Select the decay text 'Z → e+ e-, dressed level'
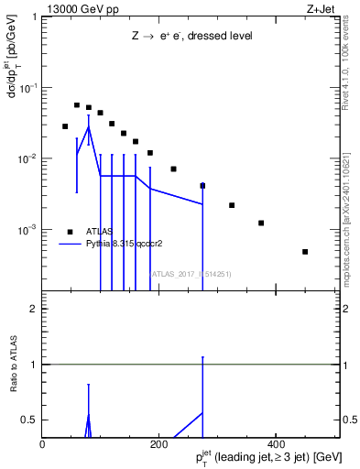click(x=191, y=36)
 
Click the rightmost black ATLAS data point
click(x=305, y=252)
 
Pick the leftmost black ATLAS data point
click(x=65, y=126)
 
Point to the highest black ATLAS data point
click(x=77, y=105)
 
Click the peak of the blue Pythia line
click(x=89, y=127)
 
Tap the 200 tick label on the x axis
click(x=158, y=444)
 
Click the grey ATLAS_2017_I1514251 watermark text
click(x=191, y=273)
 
